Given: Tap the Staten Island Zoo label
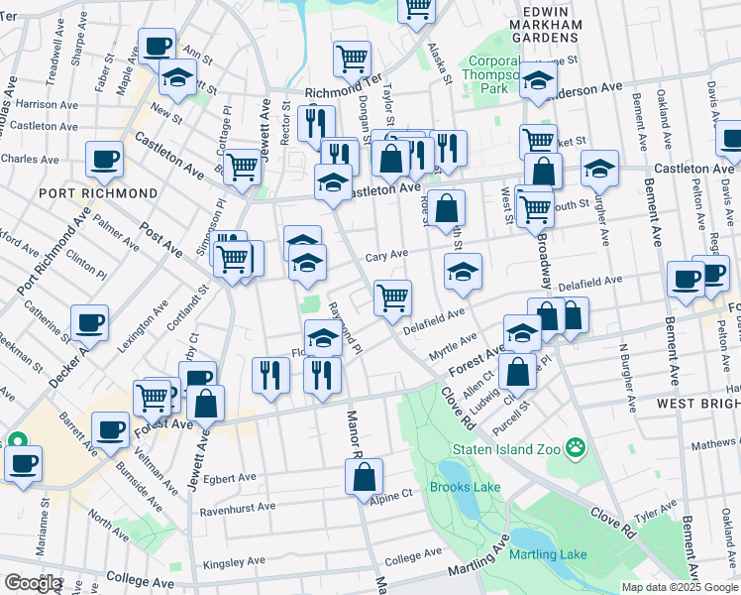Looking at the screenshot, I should coord(503,449).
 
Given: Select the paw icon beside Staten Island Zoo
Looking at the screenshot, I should coord(576,449).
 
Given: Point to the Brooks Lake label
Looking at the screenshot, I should coord(462,487).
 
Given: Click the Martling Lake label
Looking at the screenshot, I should coord(549,554).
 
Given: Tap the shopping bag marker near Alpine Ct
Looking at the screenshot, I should coord(365,476).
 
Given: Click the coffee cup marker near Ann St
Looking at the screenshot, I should coord(157,45).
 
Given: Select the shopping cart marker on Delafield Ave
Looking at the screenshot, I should coord(393,296).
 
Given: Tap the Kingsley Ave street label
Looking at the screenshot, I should coord(234,560).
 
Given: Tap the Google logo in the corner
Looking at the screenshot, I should coord(32,583).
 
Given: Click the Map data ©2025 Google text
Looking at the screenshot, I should coord(679,587).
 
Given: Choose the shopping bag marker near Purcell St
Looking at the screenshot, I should coord(517,372).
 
